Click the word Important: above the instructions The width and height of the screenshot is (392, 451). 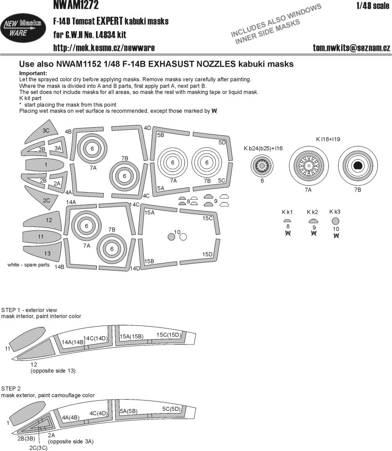pos(33,74)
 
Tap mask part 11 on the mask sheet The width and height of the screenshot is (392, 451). pos(41,236)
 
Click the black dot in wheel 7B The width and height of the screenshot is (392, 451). pos(357,166)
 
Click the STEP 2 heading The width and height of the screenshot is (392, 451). pos(11,388)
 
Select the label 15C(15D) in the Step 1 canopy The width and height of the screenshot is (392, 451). pos(169,335)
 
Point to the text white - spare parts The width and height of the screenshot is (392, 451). pos(28,265)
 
